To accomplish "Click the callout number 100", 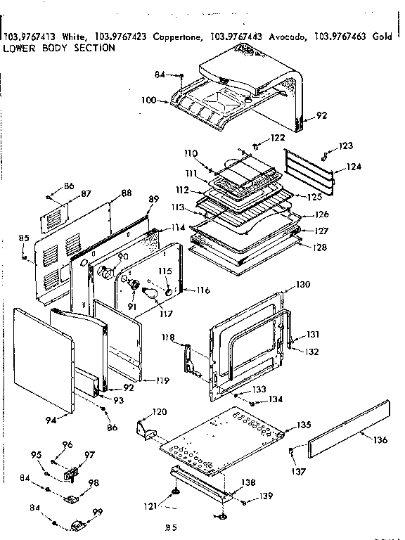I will coord(148,101).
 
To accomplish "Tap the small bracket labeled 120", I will coord(146,425).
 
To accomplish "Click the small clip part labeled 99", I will coord(81,524).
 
